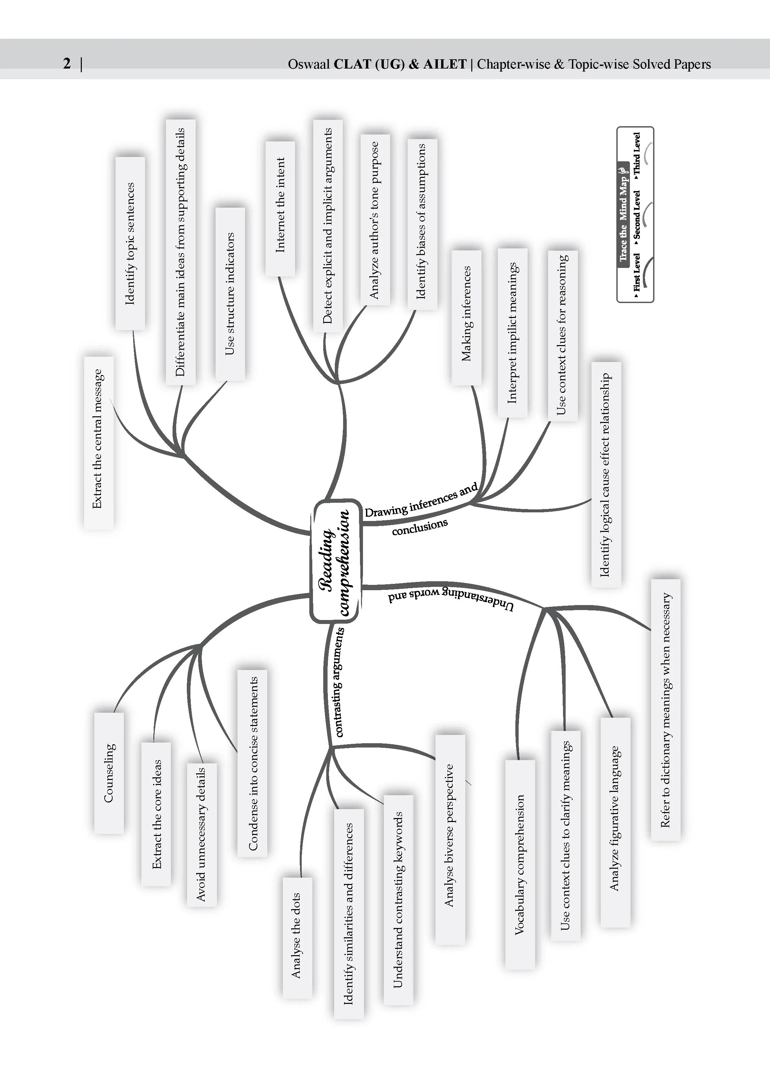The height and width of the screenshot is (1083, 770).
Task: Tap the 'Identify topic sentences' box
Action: click(130, 243)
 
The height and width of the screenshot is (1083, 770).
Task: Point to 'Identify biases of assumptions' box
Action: click(422, 224)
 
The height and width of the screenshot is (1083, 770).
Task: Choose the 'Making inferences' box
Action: click(466, 317)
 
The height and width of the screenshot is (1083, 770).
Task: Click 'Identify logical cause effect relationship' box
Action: click(606, 475)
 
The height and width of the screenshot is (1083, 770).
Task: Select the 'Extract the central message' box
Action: click(99, 443)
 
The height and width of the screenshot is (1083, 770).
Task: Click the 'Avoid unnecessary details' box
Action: click(201, 835)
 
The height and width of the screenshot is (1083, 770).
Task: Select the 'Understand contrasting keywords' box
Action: click(398, 900)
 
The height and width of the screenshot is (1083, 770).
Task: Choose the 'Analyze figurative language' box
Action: click(615, 822)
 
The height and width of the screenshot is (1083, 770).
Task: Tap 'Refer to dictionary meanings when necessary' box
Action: click(665, 710)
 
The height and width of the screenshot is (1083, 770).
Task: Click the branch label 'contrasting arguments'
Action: click(338, 682)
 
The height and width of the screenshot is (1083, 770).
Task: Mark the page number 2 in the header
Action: click(67, 63)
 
